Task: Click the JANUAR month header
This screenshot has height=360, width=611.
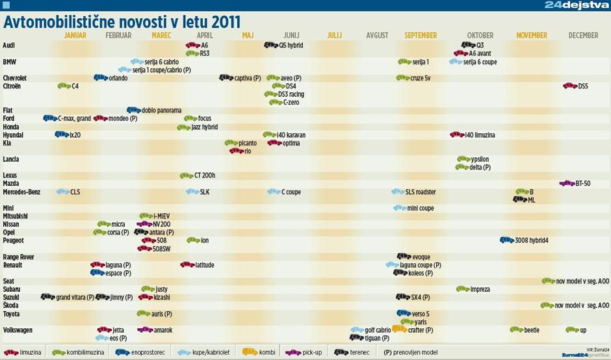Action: pyautogui.click(x=75, y=35)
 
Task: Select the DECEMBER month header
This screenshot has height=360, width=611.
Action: pyautogui.click(x=583, y=35)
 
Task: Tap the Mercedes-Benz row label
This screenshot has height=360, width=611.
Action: pyautogui.click(x=21, y=192)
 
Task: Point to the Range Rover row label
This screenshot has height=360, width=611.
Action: pyautogui.click(x=19, y=257)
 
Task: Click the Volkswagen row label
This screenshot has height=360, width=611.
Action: pyautogui.click(x=18, y=330)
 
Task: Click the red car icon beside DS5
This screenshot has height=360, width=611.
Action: pyautogui.click(x=569, y=86)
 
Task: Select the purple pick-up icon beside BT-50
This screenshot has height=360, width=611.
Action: pyautogui.click(x=566, y=184)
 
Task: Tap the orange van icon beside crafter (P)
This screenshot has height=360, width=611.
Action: pyautogui.click(x=399, y=329)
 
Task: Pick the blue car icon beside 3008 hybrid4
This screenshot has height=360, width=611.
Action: pyautogui.click(x=506, y=240)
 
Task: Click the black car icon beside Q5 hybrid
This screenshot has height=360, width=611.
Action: pyautogui.click(x=270, y=45)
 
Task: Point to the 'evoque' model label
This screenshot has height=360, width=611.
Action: pyautogui.click(x=421, y=257)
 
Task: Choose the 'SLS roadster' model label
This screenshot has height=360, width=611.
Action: pyautogui.click(x=421, y=192)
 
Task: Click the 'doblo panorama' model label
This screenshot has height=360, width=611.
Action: pyautogui.click(x=161, y=110)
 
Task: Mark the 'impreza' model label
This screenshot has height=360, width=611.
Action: pyautogui.click(x=480, y=289)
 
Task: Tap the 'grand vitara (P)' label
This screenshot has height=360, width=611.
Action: pyautogui.click(x=75, y=298)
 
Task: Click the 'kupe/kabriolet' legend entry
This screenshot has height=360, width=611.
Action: pyautogui.click(x=206, y=352)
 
